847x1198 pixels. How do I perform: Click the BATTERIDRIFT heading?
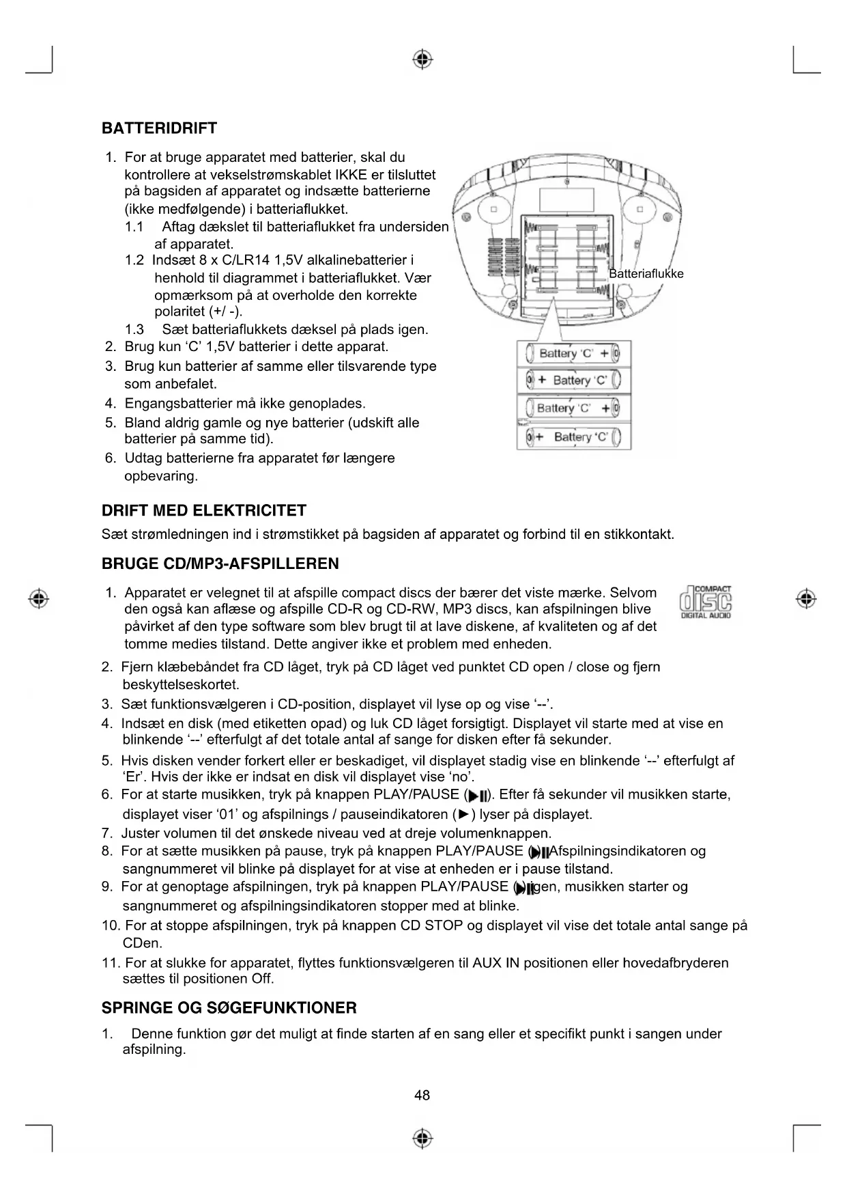click(159, 128)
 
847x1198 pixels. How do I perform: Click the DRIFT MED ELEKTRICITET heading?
click(203, 511)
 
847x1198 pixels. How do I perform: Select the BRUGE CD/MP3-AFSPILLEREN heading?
click(220, 564)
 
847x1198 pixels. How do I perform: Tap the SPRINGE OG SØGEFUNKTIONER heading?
click(229, 1008)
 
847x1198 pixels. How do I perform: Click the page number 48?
click(422, 1096)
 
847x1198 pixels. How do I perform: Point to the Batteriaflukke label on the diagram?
click(646, 274)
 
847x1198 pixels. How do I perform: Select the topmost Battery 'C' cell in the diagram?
click(573, 353)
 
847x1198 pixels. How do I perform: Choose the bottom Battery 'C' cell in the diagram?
click(573, 436)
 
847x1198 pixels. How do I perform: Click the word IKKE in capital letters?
click(332, 175)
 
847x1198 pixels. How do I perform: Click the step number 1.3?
click(134, 330)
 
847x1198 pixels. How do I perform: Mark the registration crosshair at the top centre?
click(423, 59)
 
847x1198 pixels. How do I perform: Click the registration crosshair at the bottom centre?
click(423, 1139)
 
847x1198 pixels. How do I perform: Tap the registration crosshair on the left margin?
click(39, 598)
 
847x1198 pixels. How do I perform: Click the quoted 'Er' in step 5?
click(132, 777)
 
